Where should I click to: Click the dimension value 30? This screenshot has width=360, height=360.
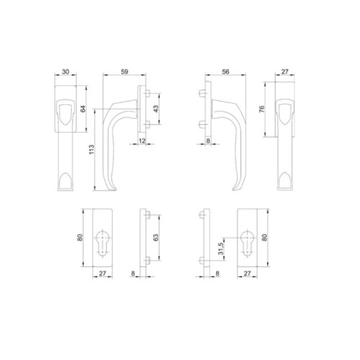pos(66,71)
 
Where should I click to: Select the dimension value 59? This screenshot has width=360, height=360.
pos(125,71)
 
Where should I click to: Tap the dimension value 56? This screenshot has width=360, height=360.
pos(225,71)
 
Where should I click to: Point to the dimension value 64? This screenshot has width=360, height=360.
pos(83,109)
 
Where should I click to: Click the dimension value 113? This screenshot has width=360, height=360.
pos(91,150)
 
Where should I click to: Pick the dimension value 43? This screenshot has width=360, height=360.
pos(156,109)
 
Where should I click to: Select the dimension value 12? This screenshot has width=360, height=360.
pos(142,140)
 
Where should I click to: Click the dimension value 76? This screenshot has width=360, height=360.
pos(262,109)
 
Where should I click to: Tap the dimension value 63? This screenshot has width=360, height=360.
pos(156,238)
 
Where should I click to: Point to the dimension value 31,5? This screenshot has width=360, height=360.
pos(221,248)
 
